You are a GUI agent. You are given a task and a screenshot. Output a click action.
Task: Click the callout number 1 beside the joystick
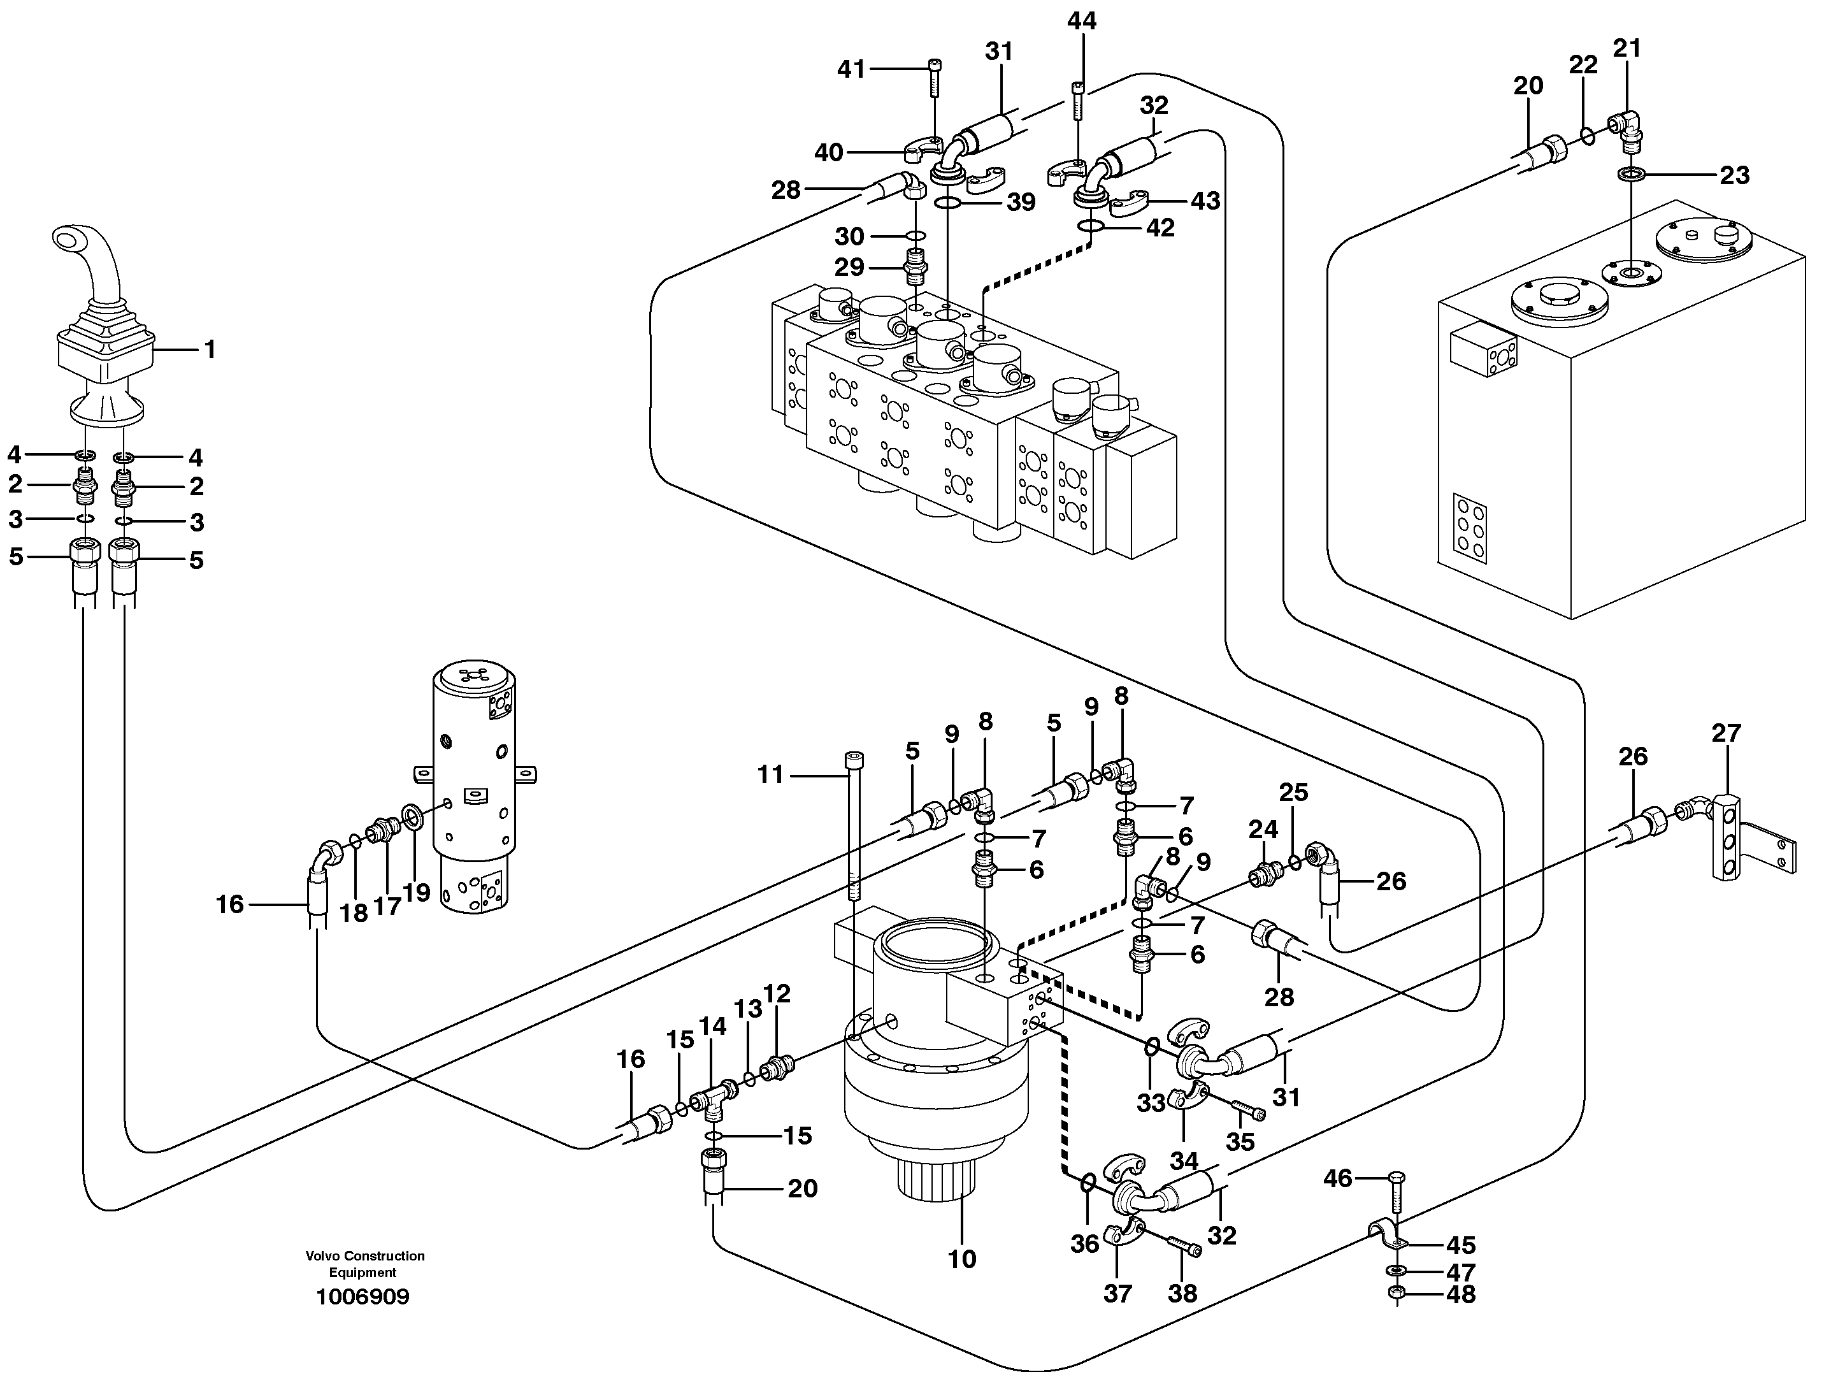point(210,350)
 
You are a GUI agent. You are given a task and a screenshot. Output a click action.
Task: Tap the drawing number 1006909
point(363,1297)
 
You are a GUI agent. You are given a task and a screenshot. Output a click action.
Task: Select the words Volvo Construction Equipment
point(364,1264)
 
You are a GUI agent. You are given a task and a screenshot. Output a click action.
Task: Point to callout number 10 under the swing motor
point(961,1259)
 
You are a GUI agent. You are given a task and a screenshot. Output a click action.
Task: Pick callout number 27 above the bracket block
point(1726,733)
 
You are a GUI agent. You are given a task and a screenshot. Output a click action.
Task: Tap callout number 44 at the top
point(1082,22)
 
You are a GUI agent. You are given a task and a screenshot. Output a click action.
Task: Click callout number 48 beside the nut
point(1460,1295)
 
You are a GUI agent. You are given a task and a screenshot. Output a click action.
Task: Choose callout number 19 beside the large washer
point(417,892)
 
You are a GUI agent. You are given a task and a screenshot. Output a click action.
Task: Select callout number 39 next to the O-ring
point(1021,202)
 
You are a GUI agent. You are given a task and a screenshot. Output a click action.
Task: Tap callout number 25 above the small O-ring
point(1294,793)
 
